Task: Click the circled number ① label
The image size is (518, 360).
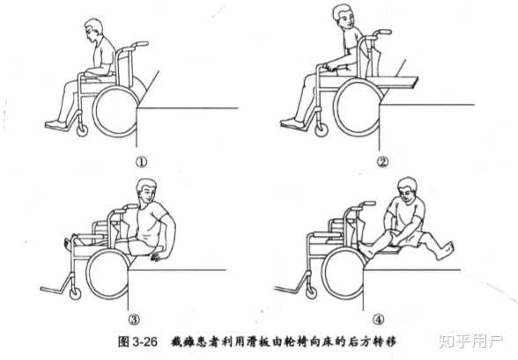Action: (142, 162)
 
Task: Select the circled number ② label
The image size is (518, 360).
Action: (382, 162)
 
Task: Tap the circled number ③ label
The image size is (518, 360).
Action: (134, 320)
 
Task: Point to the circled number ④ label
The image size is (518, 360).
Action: (379, 320)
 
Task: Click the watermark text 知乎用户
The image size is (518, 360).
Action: (470, 341)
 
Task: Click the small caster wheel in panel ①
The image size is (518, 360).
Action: (82, 130)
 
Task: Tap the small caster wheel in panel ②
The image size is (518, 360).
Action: (321, 130)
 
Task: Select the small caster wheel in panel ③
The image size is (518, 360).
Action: (76, 293)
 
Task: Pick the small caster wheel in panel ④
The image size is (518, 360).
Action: (310, 292)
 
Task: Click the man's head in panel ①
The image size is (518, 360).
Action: (93, 30)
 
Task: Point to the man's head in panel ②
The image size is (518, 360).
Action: (343, 17)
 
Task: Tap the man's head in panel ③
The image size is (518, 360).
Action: (146, 192)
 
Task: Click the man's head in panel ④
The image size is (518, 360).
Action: (408, 190)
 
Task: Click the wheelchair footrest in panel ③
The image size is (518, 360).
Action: (54, 290)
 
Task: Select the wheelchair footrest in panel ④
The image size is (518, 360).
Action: (288, 290)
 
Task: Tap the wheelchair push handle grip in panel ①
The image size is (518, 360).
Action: (140, 44)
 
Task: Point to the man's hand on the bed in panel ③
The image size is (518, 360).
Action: (158, 256)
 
